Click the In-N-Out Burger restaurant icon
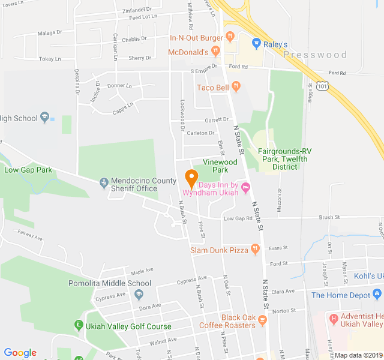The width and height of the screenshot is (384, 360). [230, 38]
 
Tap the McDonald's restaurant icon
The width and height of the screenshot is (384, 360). [214, 52]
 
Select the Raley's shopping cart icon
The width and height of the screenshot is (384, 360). [256, 44]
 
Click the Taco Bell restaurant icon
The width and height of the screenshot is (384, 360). [236, 87]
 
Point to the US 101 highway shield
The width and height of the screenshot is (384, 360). [323, 86]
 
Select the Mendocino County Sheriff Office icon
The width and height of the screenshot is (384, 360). [104, 181]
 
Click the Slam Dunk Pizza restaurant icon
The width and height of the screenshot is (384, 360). [254, 249]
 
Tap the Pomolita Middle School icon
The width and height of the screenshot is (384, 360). [139, 294]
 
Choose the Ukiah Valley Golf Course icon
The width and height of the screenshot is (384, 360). [78, 326]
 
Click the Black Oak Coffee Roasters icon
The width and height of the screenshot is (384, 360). [262, 324]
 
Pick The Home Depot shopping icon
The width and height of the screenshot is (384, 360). [377, 295]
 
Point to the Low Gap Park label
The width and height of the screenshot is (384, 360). [28, 170]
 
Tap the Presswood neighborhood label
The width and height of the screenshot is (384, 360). [315, 55]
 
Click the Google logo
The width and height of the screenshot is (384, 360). [20, 353]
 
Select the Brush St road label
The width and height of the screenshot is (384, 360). [329, 217]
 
